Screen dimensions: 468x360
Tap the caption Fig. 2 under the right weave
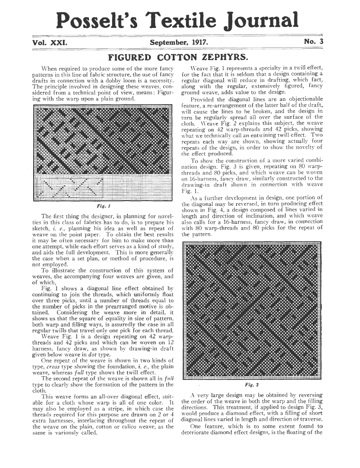point(251,385)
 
